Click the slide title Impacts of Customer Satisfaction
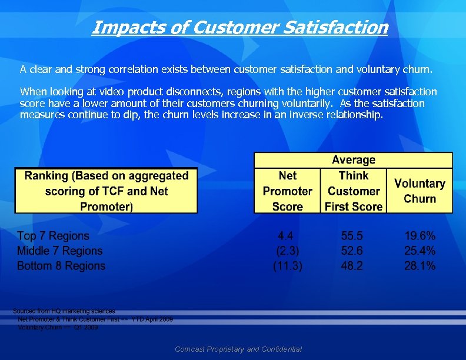239,27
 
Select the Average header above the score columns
353,160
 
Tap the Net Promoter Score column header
288,191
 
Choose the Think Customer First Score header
353,191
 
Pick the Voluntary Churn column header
420,191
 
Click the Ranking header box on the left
106,191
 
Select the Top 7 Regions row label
53,236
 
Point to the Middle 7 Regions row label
59,251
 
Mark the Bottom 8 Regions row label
61,266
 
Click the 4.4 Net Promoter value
287,236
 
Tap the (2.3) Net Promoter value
288,251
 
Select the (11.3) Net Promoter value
288,266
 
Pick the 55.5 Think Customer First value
352,236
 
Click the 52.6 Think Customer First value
352,251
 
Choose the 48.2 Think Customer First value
352,266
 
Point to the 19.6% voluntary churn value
420,236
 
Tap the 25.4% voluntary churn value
420,251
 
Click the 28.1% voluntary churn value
420,266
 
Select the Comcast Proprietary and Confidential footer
238,349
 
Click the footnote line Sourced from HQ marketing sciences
64,311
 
